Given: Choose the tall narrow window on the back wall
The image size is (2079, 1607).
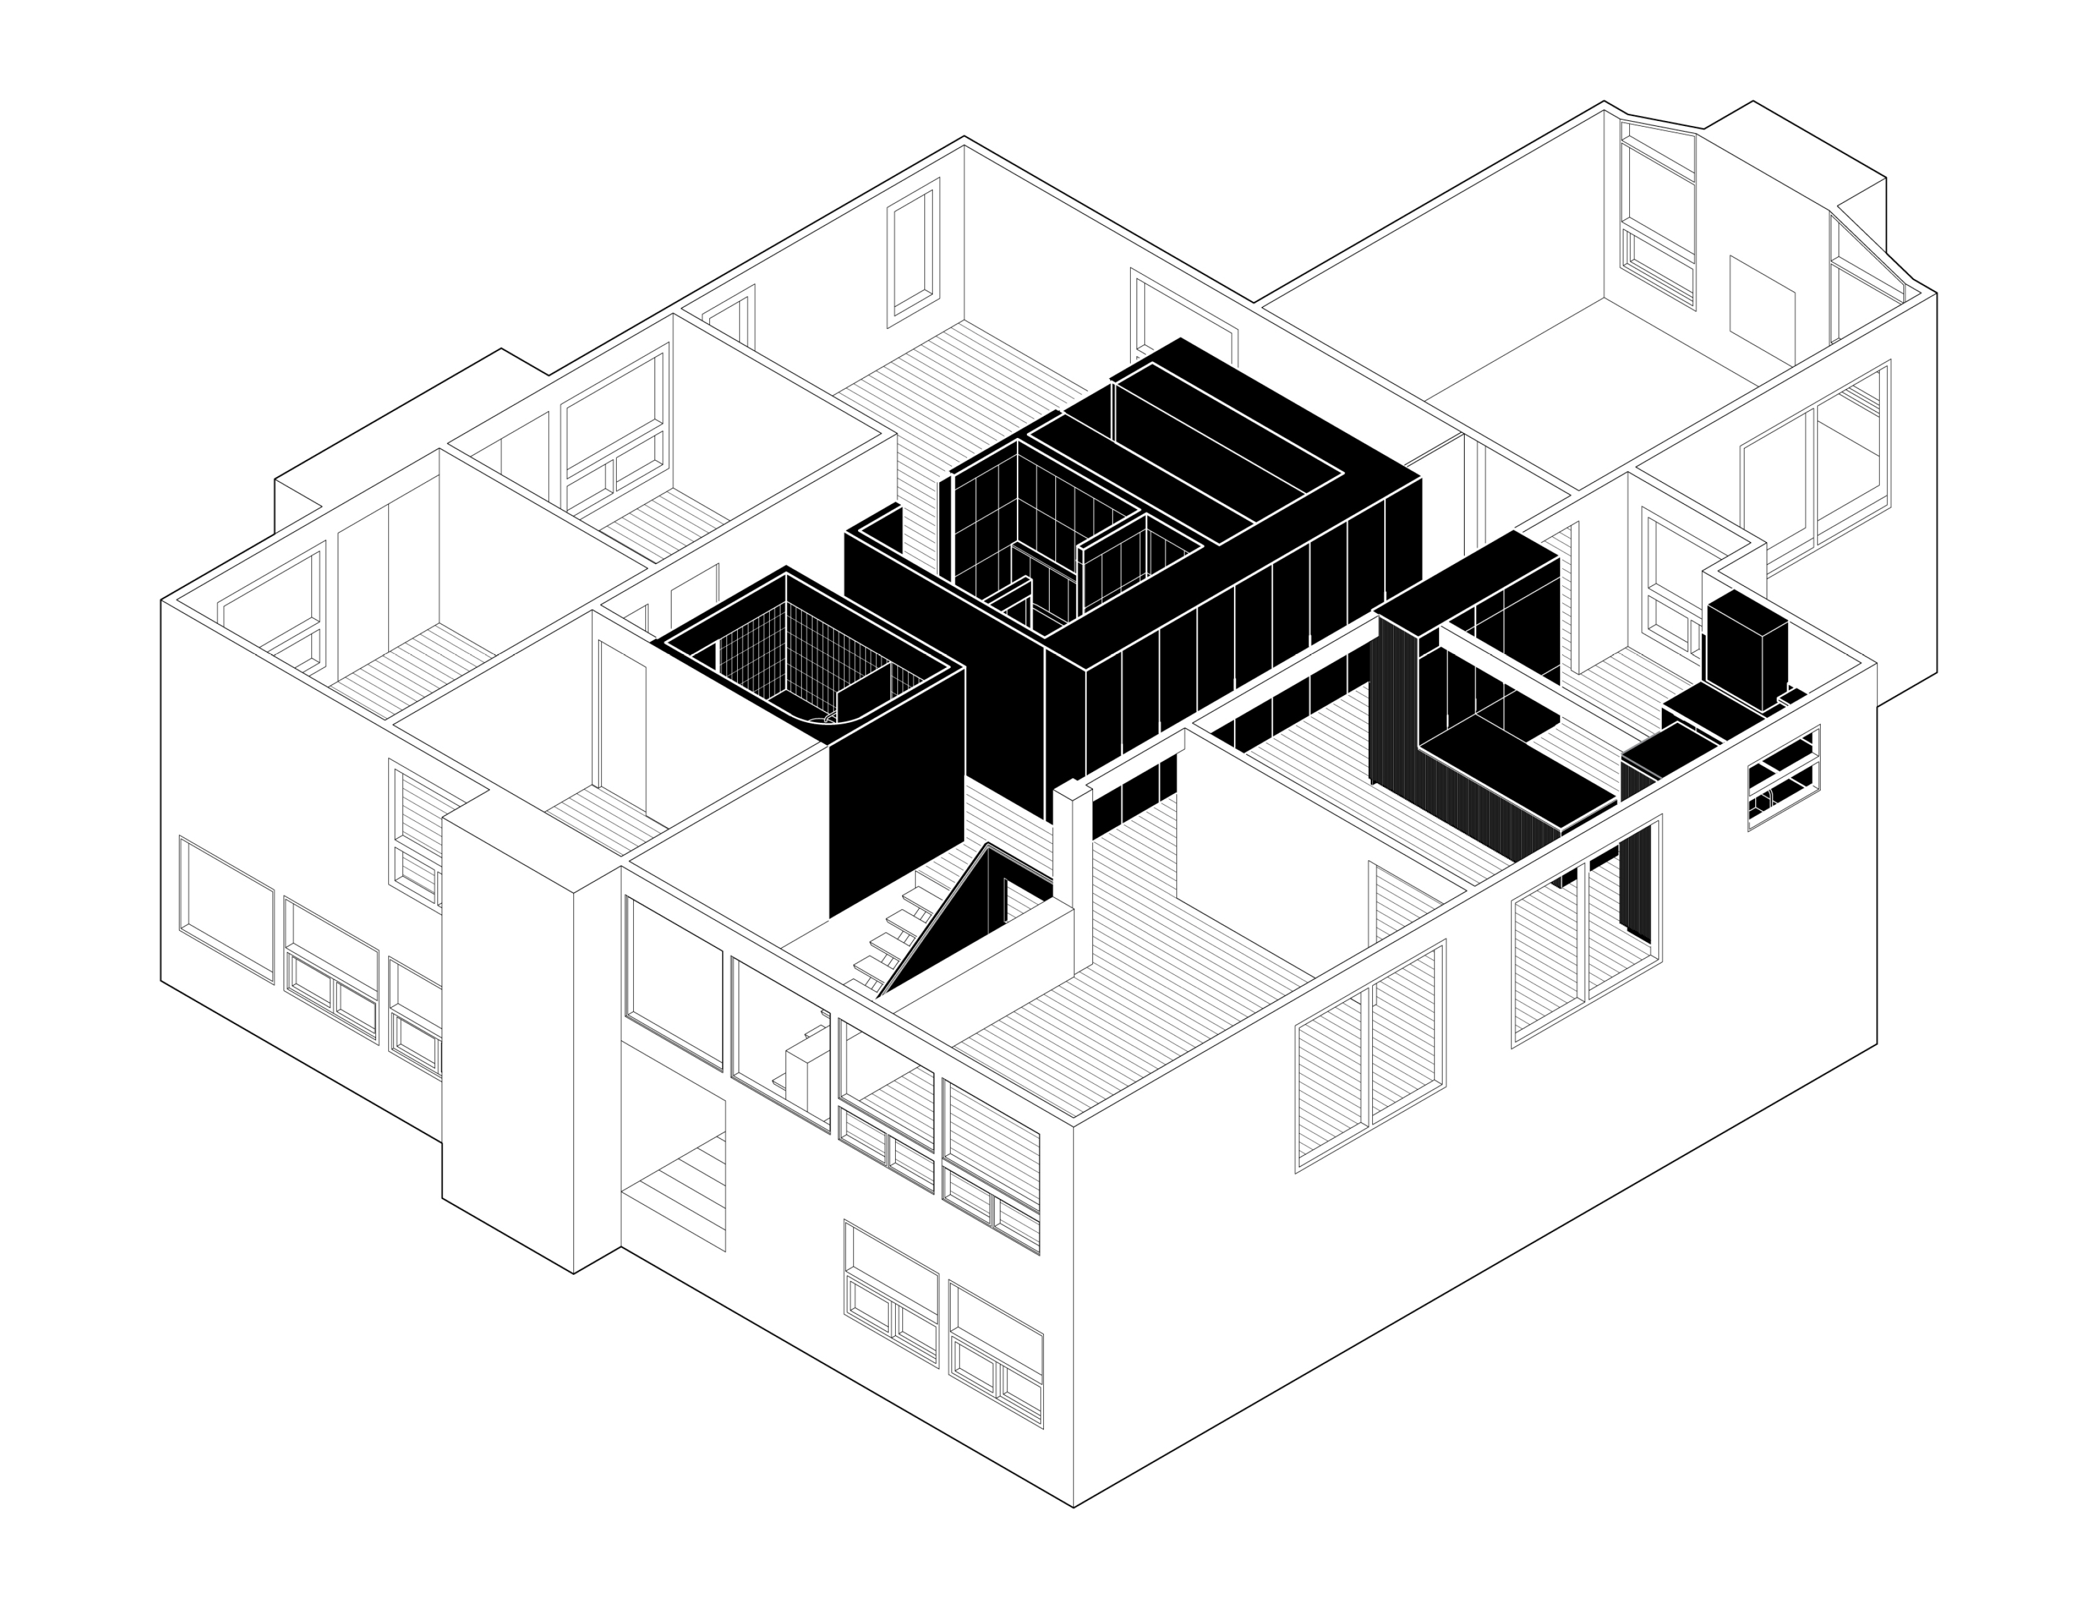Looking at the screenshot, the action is click(912, 252).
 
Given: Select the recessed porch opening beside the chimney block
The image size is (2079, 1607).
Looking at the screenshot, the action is click(673, 1171).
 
